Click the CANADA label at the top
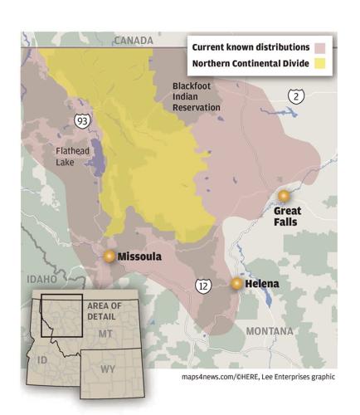pos(134,40)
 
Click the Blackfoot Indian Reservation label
pos(196,96)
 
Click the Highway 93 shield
pos(82,121)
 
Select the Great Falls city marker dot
pos(285,196)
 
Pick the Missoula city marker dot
pos(109,256)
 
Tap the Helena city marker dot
pos(237,284)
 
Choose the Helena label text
pos(262,284)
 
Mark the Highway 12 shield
pos(203,286)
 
